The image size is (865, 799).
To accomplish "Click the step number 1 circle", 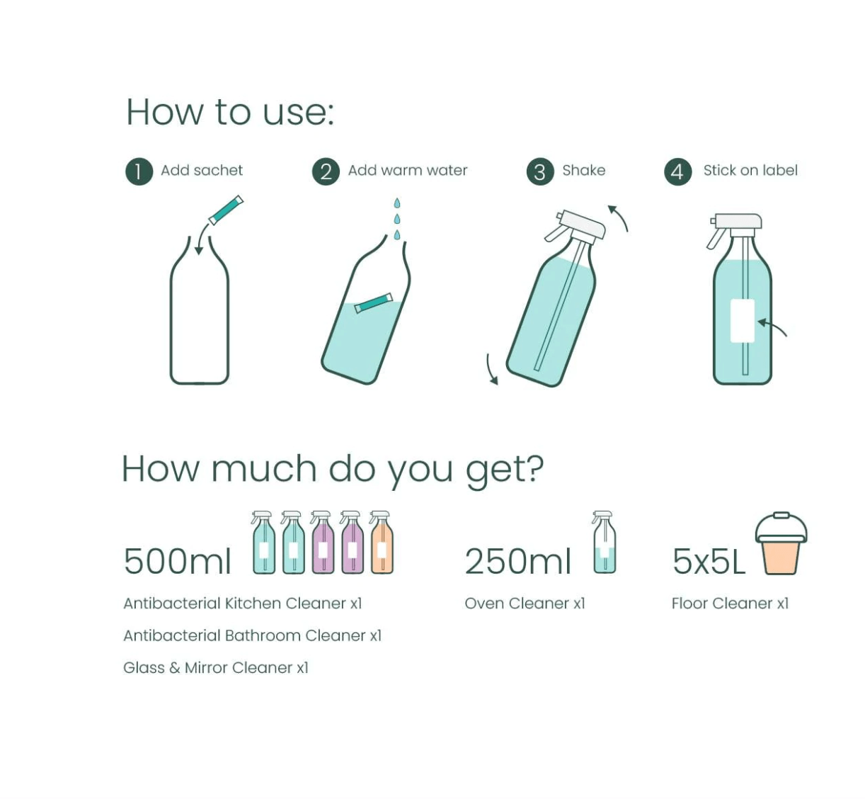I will click(x=139, y=171).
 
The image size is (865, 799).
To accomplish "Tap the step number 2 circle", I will click(x=326, y=171).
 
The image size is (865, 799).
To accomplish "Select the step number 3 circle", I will click(x=539, y=171).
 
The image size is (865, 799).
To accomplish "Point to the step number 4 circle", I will click(x=677, y=171).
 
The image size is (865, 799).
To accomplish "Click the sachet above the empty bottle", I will click(x=226, y=210).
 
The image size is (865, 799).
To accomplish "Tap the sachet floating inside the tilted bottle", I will click(x=373, y=302).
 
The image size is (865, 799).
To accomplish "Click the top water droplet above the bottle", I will click(x=397, y=203).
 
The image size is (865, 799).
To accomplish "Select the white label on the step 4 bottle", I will click(x=742, y=321).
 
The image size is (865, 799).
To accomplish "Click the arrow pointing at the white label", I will click(x=772, y=327).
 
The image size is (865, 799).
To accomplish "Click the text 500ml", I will click(x=177, y=561).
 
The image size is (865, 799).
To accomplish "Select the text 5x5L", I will click(x=709, y=561).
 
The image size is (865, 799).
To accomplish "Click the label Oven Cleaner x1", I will click(x=525, y=603).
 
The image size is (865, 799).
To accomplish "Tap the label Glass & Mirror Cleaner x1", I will click(x=215, y=668).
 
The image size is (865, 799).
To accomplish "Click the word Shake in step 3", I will click(x=583, y=171).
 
